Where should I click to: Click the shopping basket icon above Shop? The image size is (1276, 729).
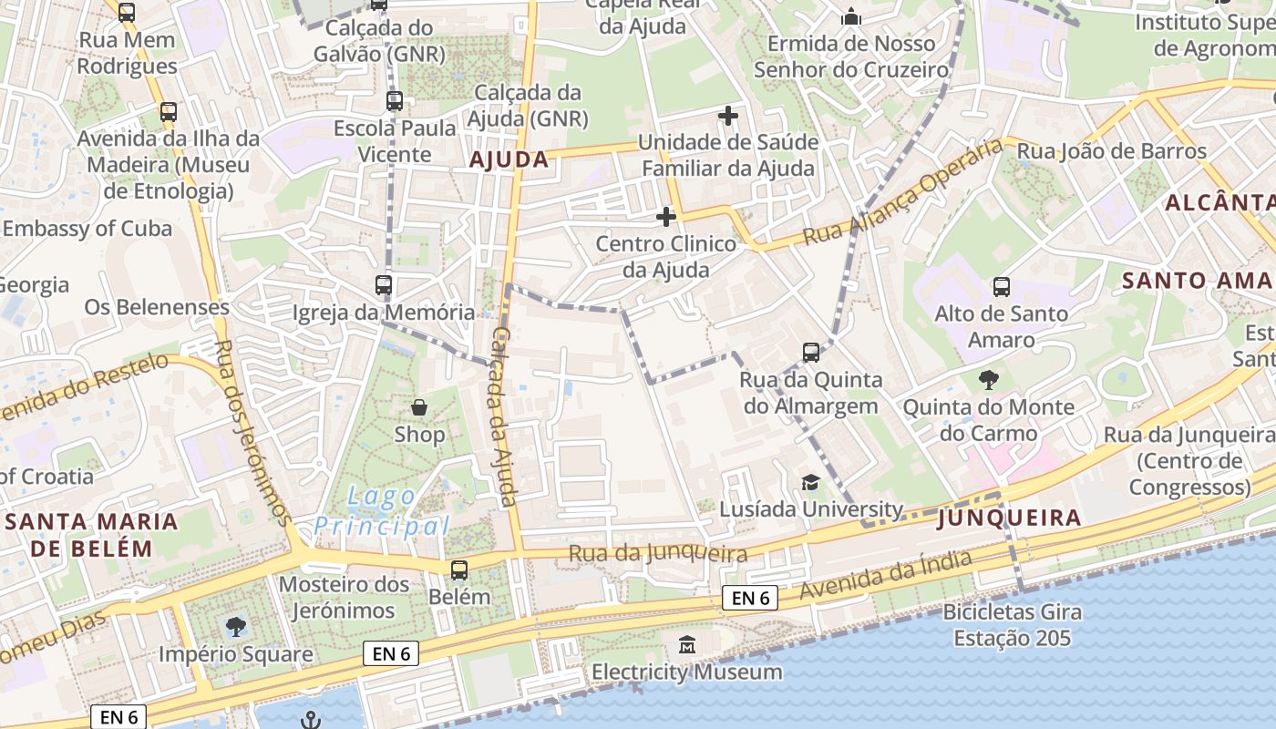click(419, 406)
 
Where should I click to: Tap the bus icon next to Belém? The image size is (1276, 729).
click(459, 570)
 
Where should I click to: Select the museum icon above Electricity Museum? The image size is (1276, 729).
click(687, 645)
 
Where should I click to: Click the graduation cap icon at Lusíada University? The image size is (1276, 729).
click(810, 482)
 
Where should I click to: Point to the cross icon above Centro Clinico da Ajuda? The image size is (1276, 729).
click(666, 217)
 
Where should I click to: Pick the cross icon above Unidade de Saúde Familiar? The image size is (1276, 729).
click(727, 116)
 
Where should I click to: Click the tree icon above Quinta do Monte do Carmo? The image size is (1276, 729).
click(988, 379)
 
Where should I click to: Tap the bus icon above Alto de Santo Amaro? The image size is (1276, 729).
click(1001, 286)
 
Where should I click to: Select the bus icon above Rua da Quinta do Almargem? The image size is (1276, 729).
click(810, 352)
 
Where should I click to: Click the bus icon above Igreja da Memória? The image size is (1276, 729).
click(384, 285)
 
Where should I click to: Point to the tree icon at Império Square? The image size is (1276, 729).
click(235, 627)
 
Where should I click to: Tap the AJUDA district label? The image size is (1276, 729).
click(509, 160)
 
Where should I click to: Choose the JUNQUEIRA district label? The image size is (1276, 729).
click(1009, 519)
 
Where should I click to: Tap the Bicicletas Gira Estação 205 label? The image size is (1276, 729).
click(1012, 624)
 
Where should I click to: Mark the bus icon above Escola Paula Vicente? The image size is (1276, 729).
click(395, 101)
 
